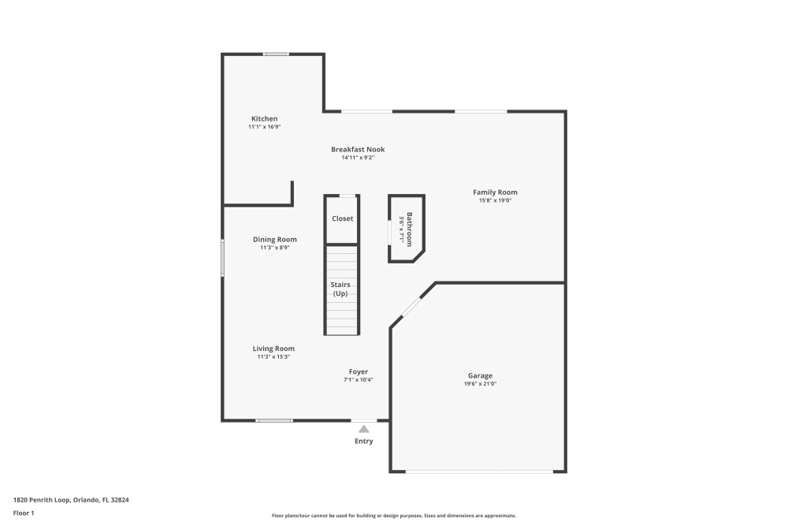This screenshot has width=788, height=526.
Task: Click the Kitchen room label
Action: click(x=264, y=118)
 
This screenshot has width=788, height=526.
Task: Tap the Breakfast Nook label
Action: click(x=358, y=149)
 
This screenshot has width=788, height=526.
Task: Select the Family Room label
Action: click(x=495, y=192)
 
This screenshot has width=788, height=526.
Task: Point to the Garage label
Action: click(x=480, y=375)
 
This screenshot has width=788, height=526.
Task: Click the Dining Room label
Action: click(x=275, y=240)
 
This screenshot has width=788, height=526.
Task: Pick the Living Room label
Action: click(x=273, y=349)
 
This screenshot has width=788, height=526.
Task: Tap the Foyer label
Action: click(x=359, y=371)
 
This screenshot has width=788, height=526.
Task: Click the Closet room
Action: click(x=342, y=218)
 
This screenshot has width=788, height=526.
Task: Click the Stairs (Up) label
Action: click(x=340, y=289)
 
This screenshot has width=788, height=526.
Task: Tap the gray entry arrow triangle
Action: click(x=363, y=429)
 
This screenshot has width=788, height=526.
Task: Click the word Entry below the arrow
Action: click(x=363, y=441)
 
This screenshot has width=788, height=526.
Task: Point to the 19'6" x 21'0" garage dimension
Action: click(x=482, y=384)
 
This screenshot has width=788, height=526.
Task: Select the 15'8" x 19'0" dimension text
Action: click(x=495, y=200)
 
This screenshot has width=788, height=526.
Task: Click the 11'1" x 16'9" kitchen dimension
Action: click(x=264, y=127)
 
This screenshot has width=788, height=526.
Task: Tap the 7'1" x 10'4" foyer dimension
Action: click(x=358, y=380)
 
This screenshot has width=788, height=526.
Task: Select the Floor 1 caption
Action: click(x=24, y=513)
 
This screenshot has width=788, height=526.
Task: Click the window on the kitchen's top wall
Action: click(x=276, y=54)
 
